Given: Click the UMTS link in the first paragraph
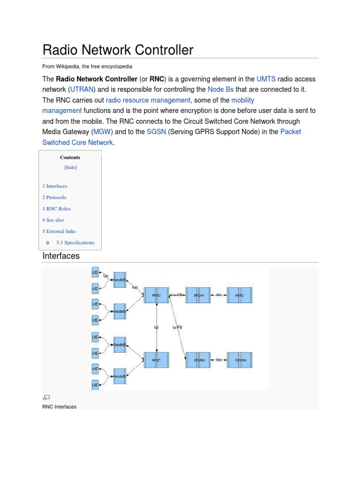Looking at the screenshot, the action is pos(266,79).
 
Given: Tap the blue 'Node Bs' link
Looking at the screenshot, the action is pos(220,89).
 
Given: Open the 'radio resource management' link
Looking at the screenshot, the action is pos(148,100).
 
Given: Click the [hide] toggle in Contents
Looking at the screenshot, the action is pos(70,167).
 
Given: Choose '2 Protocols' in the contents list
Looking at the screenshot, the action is pos(54,197).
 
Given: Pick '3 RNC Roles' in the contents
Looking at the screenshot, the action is pos(57,209).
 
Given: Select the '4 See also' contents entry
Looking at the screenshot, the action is pos(53,220).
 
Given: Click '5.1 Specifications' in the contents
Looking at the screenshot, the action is pos(75,242).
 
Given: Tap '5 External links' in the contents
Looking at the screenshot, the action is pos(59,231).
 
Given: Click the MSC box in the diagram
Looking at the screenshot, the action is pos(240,295).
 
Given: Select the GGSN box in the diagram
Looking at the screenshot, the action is pos(240,360).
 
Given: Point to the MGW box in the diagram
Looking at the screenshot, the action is pos(198,295).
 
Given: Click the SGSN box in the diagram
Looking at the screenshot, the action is pos(199,360).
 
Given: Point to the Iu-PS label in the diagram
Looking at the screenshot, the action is pos(177,327).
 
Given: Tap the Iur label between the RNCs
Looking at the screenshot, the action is pos(157,327).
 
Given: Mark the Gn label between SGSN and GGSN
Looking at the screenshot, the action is pos(219,360).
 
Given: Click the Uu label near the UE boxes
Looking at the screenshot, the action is pos(105,276).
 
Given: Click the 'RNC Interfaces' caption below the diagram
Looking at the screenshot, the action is pos(60,406).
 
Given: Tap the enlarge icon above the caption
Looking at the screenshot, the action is pos(46,397).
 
